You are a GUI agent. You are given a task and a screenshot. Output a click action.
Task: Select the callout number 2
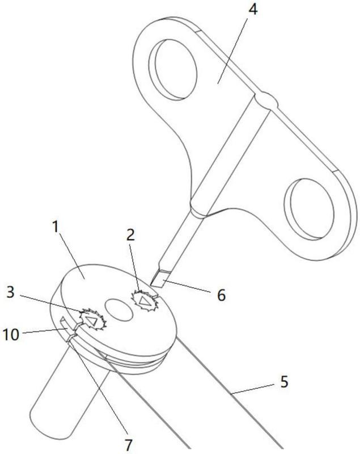coord(131,234)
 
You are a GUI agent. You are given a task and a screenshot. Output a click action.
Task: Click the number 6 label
coord(221,295)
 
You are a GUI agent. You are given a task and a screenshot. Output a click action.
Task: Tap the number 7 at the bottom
coord(130,441)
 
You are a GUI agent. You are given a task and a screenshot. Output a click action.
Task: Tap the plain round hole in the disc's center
coord(117,310)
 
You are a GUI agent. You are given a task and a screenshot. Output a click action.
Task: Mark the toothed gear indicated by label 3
coord(92,318)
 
